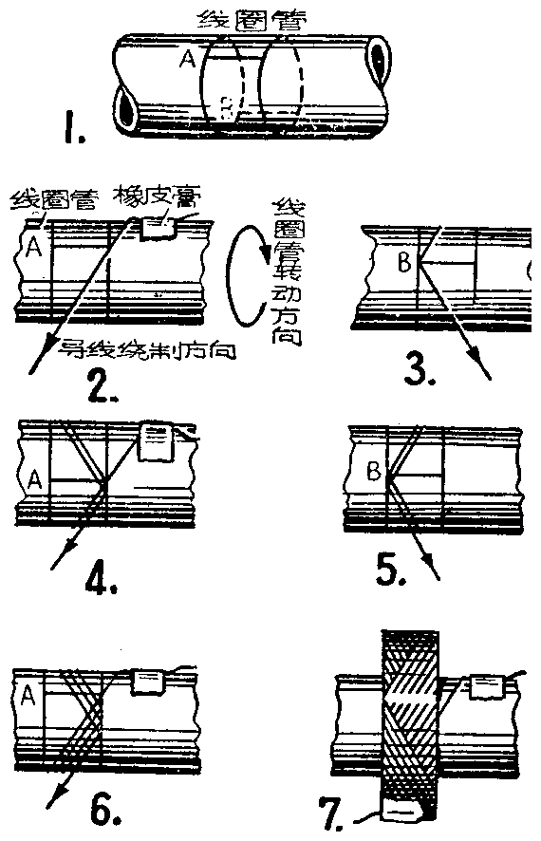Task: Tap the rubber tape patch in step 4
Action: pyautogui.click(x=157, y=440)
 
